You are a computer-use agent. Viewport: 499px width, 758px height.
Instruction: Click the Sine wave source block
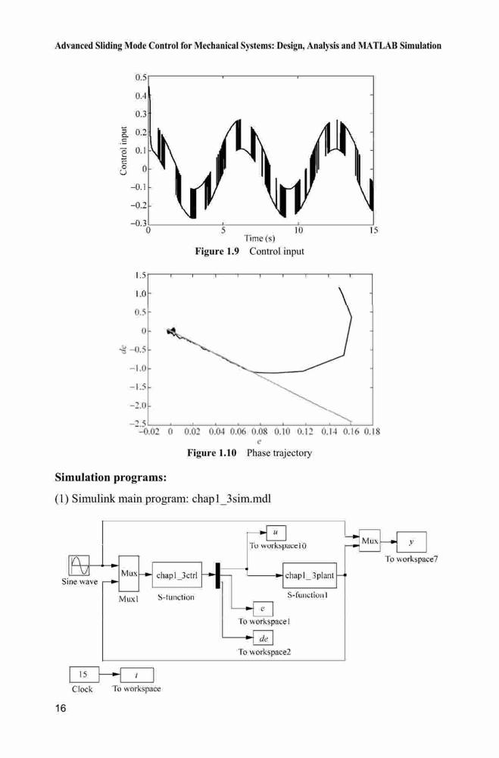pyautogui.click(x=80, y=565)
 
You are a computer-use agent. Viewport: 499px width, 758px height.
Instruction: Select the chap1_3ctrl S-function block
pyautogui.click(x=176, y=575)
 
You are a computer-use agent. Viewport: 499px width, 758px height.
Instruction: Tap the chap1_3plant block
pyautogui.click(x=309, y=575)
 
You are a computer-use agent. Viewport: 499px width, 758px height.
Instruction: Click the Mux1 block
pyautogui.click(x=129, y=573)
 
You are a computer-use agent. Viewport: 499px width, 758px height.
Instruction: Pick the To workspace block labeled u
pyautogui.click(x=276, y=533)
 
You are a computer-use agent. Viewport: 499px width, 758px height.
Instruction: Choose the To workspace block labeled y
pyautogui.click(x=412, y=542)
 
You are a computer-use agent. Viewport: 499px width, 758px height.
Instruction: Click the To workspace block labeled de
pyautogui.click(x=264, y=638)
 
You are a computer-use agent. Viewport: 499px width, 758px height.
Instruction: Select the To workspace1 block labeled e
pyautogui.click(x=264, y=609)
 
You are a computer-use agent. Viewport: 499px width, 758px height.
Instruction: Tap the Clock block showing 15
pyautogui.click(x=84, y=675)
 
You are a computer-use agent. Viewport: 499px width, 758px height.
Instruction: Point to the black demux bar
pyautogui.click(x=217, y=575)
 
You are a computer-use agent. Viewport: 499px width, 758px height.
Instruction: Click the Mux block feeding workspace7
pyautogui.click(x=370, y=541)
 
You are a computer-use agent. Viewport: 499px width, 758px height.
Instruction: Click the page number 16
pyautogui.click(x=61, y=709)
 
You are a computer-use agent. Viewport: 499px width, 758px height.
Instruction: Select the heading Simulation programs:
pyautogui.click(x=111, y=478)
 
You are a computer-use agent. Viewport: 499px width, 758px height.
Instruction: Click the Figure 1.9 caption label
pyautogui.click(x=217, y=252)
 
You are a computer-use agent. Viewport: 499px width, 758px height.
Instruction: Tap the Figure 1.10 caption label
pyautogui.click(x=212, y=453)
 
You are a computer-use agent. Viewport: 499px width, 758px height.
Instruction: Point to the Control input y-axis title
pyautogui.click(x=123, y=150)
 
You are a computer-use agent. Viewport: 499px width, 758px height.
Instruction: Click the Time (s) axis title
pyautogui.click(x=260, y=238)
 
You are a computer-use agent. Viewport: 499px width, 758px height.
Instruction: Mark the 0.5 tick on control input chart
pyautogui.click(x=141, y=77)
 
